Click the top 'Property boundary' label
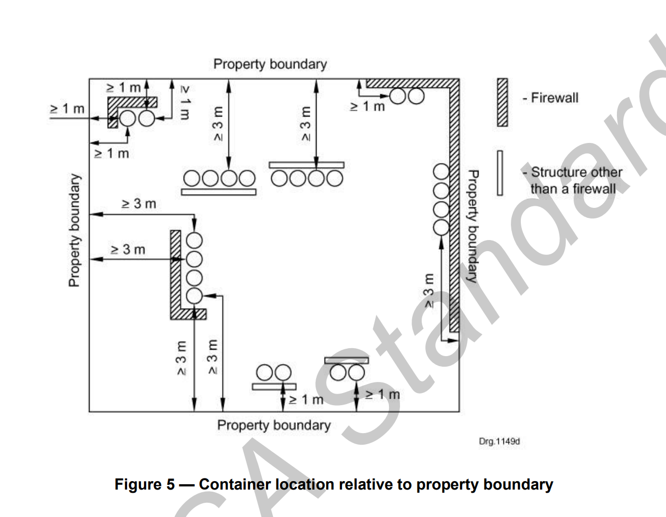point(270,64)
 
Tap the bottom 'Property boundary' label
point(273,425)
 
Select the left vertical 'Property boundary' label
point(74,230)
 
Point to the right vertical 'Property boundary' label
point(473,226)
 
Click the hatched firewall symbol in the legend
point(502,102)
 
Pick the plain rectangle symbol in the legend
point(500,173)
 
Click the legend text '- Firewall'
point(550,98)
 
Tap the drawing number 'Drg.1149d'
point(499,441)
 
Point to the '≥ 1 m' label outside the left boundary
point(67,109)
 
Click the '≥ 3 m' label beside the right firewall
point(429,290)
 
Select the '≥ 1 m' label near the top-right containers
point(368,107)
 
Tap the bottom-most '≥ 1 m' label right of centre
point(383,394)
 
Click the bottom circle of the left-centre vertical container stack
point(194,296)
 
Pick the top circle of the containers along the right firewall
point(441,172)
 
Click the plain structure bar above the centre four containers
point(306,165)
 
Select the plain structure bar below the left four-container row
point(218,192)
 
